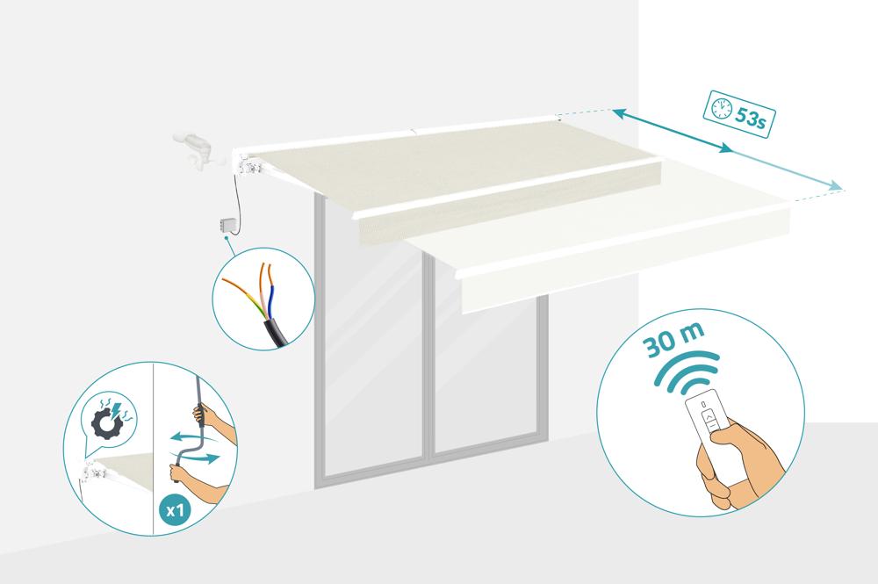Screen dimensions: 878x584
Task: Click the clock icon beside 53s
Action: [x=721, y=108]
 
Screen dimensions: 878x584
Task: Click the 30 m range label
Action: [x=673, y=339]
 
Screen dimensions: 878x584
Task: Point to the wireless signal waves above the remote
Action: [x=687, y=370]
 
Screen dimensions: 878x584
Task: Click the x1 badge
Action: [x=176, y=509]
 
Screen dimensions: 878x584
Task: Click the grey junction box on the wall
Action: [x=228, y=225]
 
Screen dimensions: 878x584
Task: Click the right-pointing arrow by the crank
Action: [x=195, y=458]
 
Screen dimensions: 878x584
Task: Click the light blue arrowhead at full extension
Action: [x=836, y=186]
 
